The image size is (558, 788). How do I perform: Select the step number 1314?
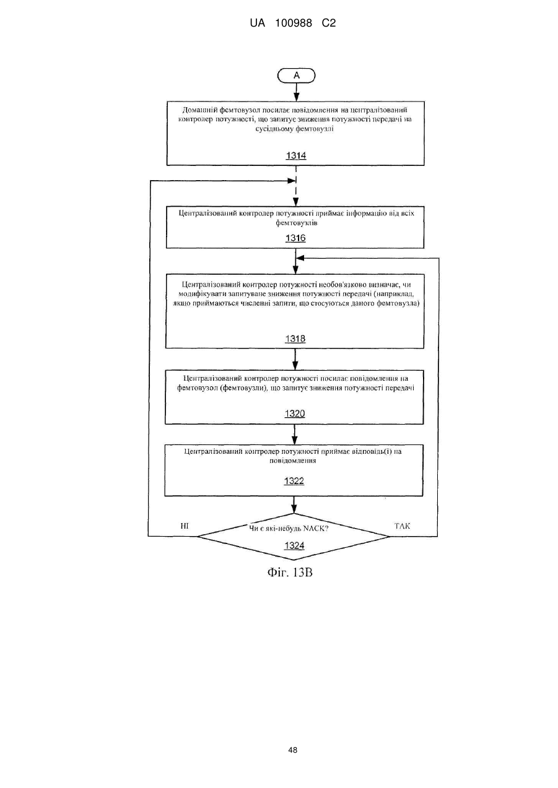tap(296, 155)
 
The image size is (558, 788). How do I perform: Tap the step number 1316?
tap(295, 238)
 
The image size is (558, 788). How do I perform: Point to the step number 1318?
tap(295, 339)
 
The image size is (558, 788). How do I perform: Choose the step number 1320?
tap(295, 413)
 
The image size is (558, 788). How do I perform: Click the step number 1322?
tap(294, 481)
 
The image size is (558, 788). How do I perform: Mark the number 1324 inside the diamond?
tap(294, 545)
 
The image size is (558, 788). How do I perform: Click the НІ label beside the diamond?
tap(185, 526)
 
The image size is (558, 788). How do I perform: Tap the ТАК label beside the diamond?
tap(402, 526)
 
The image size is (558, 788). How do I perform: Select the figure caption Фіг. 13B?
tap(290, 573)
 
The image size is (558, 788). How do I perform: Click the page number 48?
tap(292, 750)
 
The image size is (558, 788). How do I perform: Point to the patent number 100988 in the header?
tap(294, 24)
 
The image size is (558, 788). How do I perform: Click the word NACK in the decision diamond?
tap(315, 529)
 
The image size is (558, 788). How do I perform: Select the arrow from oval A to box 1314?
tap(296, 92)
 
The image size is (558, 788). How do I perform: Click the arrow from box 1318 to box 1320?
tap(295, 359)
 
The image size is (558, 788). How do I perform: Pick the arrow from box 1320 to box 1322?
tap(295, 435)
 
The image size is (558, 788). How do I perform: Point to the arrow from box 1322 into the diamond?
tap(294, 505)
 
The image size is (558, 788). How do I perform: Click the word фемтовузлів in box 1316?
tap(297, 223)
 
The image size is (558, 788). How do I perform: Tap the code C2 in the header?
tap(329, 24)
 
